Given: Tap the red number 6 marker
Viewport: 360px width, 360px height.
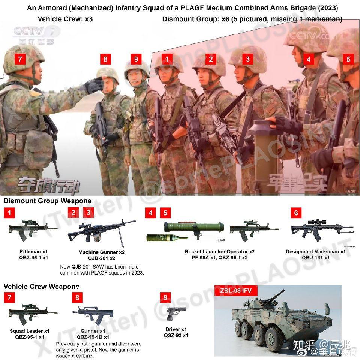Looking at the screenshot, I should tap(296, 213).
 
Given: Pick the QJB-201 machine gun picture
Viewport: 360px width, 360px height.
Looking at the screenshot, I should tap(101, 232).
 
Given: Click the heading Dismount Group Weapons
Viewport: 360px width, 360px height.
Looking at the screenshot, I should tap(48, 201).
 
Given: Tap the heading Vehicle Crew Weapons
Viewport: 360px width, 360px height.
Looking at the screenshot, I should tap(41, 286).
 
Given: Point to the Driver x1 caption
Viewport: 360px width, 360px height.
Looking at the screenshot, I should tap(176, 329).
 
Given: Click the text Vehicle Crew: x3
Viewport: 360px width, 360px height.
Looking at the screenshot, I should tap(65, 19).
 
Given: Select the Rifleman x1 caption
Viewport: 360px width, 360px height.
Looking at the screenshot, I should tap(29, 252).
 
